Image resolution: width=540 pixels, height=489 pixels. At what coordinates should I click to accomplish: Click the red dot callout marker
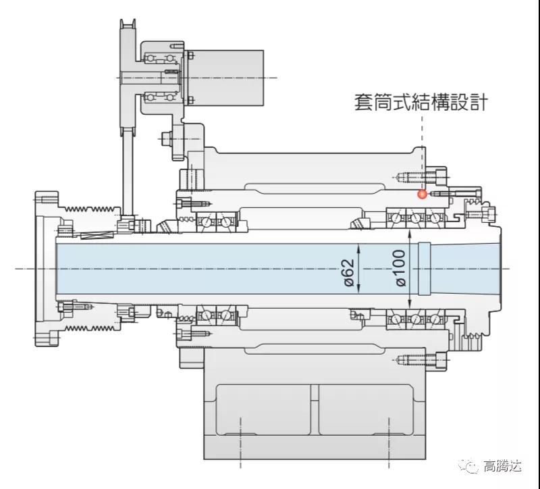click(x=423, y=194)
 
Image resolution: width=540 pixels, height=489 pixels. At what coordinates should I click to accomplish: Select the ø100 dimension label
click(x=398, y=269)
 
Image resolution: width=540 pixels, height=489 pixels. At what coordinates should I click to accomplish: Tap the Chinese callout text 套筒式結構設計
click(x=421, y=102)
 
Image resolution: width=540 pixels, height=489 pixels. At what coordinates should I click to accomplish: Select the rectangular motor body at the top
click(x=229, y=78)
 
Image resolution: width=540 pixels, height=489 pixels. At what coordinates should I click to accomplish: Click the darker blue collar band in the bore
click(x=424, y=269)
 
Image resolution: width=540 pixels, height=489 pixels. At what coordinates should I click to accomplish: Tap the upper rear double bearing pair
click(x=217, y=220)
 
